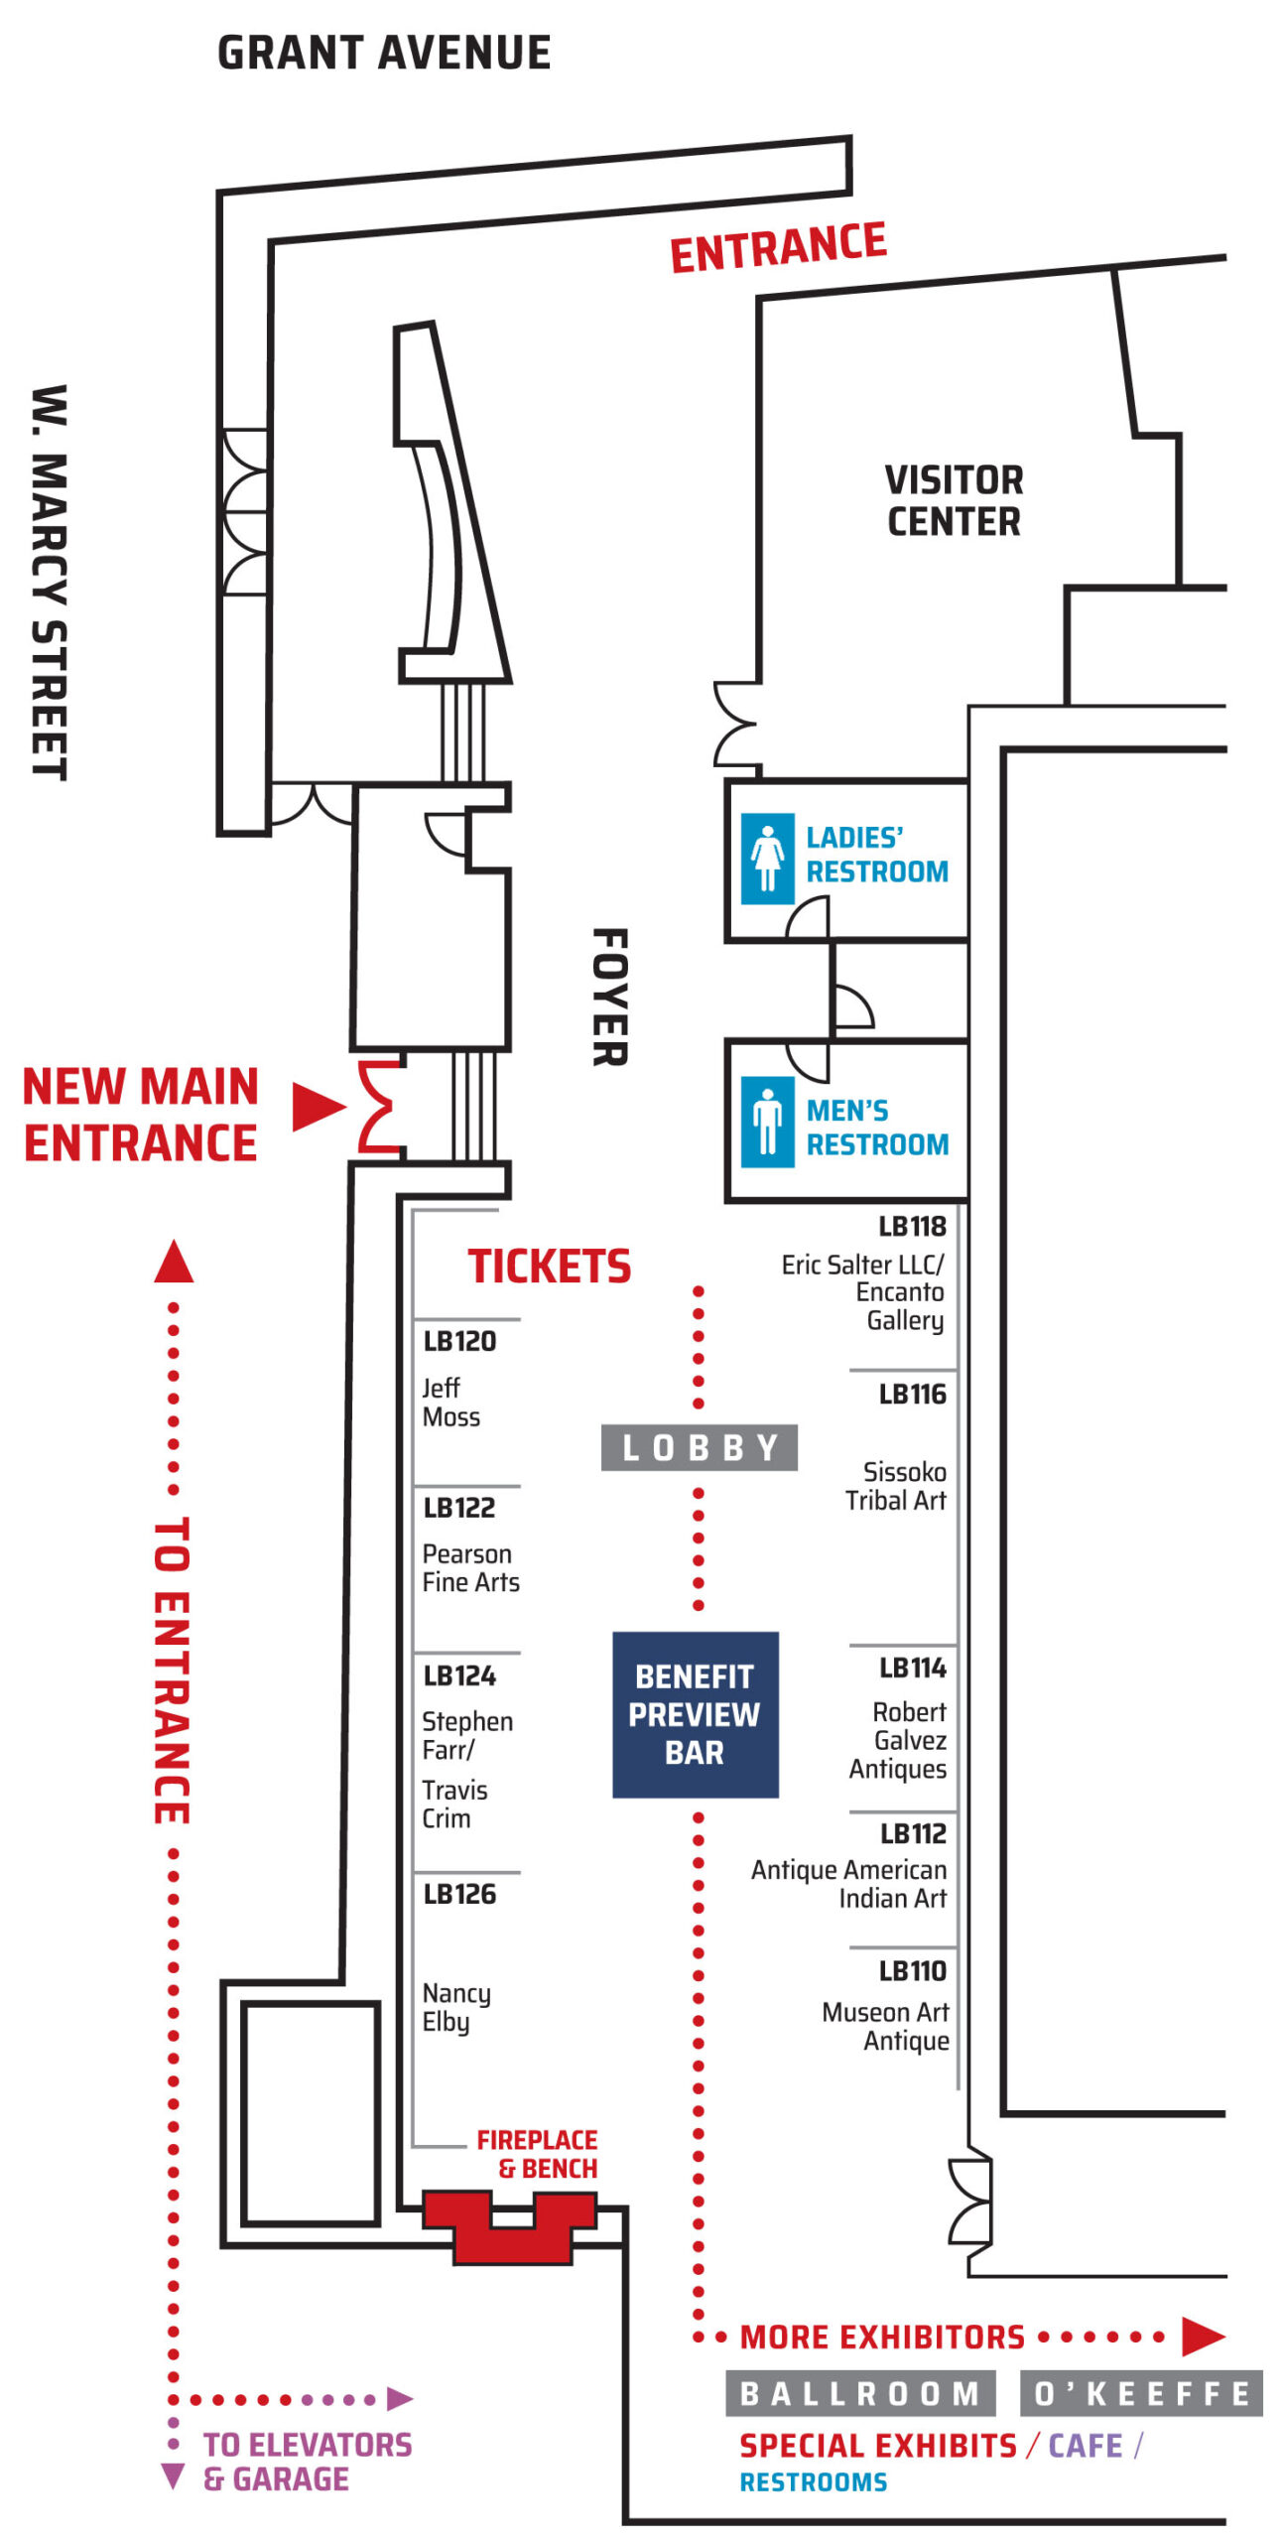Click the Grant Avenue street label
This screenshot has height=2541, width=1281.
(384, 54)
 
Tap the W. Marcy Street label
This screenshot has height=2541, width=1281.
(49, 583)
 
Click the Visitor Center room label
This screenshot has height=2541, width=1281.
(954, 500)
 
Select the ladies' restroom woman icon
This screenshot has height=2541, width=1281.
(767, 859)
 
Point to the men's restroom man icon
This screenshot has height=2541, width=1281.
(767, 1122)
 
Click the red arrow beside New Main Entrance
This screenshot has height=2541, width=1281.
(319, 1107)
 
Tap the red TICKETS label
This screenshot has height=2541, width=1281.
(550, 1267)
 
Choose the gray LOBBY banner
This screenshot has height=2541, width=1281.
(700, 1448)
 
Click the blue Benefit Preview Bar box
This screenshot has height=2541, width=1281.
(695, 1714)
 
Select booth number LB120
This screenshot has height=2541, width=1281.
(459, 1342)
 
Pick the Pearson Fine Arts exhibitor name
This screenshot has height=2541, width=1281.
(471, 1568)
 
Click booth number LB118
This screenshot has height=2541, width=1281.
(913, 1227)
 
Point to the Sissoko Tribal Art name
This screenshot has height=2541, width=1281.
(896, 1486)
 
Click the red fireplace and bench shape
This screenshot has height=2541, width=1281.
(510, 2227)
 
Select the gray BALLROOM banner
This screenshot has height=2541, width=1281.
(860, 2394)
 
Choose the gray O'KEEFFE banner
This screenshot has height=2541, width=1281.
(1142, 2394)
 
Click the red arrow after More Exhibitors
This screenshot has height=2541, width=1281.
(1204, 2337)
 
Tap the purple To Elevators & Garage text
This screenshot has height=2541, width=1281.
(308, 2463)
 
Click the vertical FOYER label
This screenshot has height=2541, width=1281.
(610, 998)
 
